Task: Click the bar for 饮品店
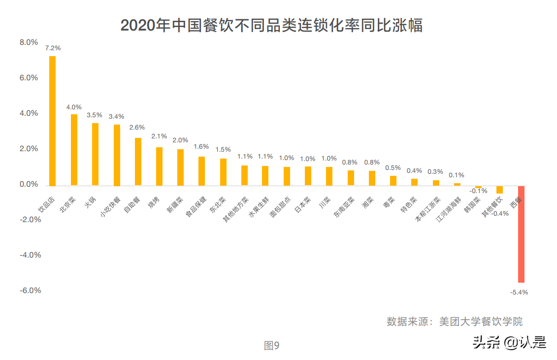pos(52,121)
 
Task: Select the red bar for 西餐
pos(521,234)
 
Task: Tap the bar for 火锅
pos(95,154)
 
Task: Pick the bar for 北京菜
pos(74,150)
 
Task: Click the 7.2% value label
pos(53,48)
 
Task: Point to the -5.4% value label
pos(520,292)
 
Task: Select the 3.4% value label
pos(117,117)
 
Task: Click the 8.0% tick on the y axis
pos(29,43)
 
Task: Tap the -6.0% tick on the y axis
pos(30,291)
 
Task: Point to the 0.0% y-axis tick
pos(29,185)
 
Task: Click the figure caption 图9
pos(271,346)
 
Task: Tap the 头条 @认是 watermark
pos(509,342)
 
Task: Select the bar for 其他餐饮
pos(499,190)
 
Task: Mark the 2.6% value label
pos(137,128)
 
